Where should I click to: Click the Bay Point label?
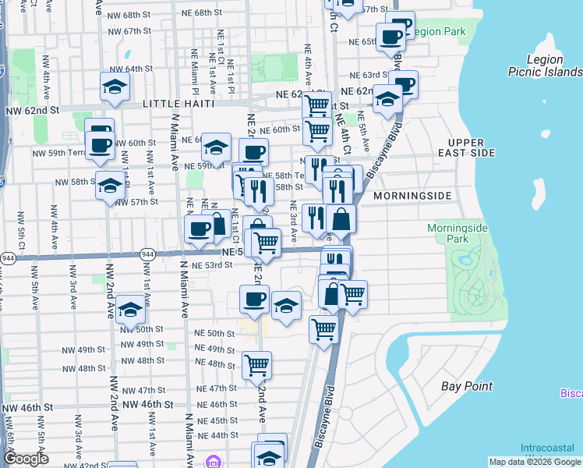point(466,386)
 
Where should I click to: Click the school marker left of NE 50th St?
point(131,310)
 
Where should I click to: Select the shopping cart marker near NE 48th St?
point(256,363)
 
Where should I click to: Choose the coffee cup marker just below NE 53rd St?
point(253,298)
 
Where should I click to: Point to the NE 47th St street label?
point(217,388)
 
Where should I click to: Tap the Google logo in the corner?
point(26,459)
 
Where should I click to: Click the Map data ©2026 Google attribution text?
point(533,462)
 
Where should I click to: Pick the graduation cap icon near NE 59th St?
point(217,146)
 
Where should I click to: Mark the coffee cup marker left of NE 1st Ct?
point(199,229)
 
